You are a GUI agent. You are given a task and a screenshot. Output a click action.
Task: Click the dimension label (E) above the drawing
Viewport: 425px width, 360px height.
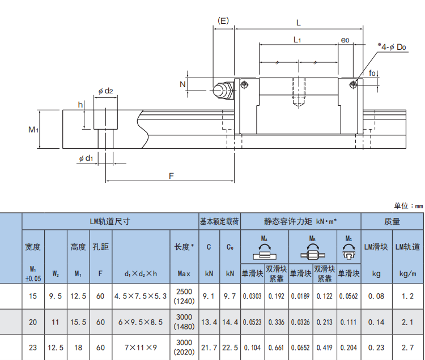[x=223, y=22]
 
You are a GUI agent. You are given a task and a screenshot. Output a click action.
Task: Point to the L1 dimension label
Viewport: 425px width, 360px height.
[x=297, y=40]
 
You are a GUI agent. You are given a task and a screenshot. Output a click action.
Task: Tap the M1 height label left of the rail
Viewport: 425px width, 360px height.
[x=34, y=130]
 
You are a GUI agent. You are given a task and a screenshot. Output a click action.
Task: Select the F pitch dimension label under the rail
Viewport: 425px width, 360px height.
[x=171, y=175]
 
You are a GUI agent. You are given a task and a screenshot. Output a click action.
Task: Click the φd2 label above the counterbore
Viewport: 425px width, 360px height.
[x=105, y=91]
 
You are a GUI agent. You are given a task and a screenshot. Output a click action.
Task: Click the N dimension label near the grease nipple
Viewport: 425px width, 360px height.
[x=182, y=84]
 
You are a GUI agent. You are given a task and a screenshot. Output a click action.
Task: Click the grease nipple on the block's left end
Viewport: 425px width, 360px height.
[x=223, y=89]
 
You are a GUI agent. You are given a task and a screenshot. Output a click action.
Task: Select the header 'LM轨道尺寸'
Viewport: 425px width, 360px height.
[x=110, y=221]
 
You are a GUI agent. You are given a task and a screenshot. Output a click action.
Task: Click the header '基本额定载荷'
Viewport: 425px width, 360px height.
[x=219, y=221]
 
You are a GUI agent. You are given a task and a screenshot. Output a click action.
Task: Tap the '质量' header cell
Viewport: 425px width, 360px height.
[x=392, y=221]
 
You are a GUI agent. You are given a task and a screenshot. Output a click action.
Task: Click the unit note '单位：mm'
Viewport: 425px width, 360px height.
[x=408, y=206]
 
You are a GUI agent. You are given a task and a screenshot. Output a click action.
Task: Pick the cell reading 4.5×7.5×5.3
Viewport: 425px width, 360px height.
[x=141, y=295]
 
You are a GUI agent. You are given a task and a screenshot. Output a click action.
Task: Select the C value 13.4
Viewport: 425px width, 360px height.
[x=209, y=322]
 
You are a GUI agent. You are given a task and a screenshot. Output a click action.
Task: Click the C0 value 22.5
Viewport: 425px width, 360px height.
[x=230, y=347]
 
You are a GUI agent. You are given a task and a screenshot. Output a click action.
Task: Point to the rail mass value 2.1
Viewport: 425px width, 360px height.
[x=407, y=322]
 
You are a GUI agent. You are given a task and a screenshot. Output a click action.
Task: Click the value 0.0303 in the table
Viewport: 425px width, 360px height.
[x=252, y=295]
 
